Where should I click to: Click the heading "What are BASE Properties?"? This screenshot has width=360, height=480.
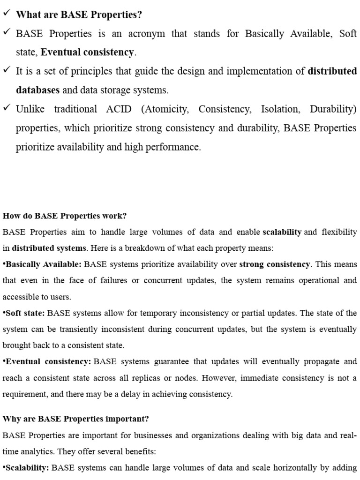[79, 15]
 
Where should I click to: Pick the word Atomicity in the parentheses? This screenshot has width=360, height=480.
[166, 109]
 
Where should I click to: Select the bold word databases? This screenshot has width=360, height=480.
[37, 90]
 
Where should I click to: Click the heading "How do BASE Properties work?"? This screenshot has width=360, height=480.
[65, 216]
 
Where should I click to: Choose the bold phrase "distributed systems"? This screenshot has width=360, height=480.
[49, 248]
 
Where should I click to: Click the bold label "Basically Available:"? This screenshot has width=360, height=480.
[42, 264]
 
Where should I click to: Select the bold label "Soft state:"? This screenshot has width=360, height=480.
[24, 313]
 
